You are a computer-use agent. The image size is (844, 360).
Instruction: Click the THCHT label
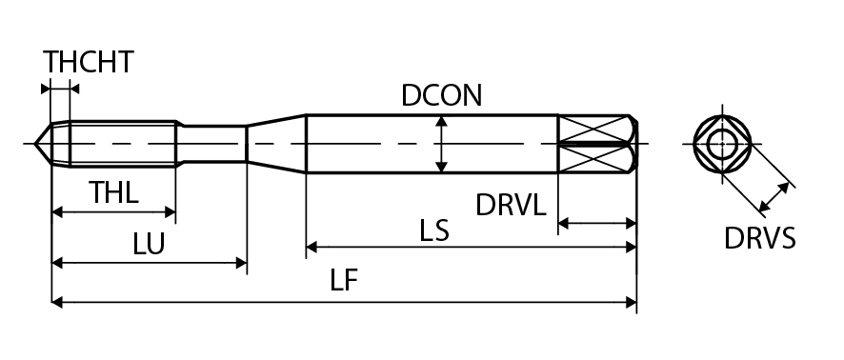tap(89, 62)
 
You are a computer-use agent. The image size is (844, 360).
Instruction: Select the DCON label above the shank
tap(441, 95)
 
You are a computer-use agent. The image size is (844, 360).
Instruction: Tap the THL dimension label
tap(113, 192)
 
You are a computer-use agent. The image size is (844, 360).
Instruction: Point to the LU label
tap(149, 244)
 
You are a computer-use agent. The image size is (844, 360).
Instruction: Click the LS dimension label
tap(434, 230)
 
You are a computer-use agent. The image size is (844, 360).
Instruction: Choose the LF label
tap(344, 280)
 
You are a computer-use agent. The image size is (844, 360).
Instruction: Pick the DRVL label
tap(511, 205)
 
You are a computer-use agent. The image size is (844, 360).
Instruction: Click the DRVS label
tap(759, 238)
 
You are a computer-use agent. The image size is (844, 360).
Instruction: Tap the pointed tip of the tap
tap(34, 144)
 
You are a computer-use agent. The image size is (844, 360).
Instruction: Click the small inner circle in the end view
tap(721, 144)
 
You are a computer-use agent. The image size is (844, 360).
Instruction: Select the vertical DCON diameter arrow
tap(441, 144)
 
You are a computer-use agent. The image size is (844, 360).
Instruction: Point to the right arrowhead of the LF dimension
tap(631, 303)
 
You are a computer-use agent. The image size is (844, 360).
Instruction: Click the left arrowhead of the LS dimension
tap(311, 248)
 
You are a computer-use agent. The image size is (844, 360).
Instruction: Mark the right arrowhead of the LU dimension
tap(241, 263)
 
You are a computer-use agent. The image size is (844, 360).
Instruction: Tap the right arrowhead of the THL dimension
tap(171, 212)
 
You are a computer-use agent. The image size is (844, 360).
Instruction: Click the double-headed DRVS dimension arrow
tap(774, 197)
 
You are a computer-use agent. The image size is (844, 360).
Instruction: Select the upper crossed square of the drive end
tap(593, 130)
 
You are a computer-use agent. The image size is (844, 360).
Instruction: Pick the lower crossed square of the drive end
tap(593, 159)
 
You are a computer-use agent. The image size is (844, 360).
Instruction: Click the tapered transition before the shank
tap(276, 144)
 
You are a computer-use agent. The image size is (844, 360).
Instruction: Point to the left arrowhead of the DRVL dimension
tap(564, 223)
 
